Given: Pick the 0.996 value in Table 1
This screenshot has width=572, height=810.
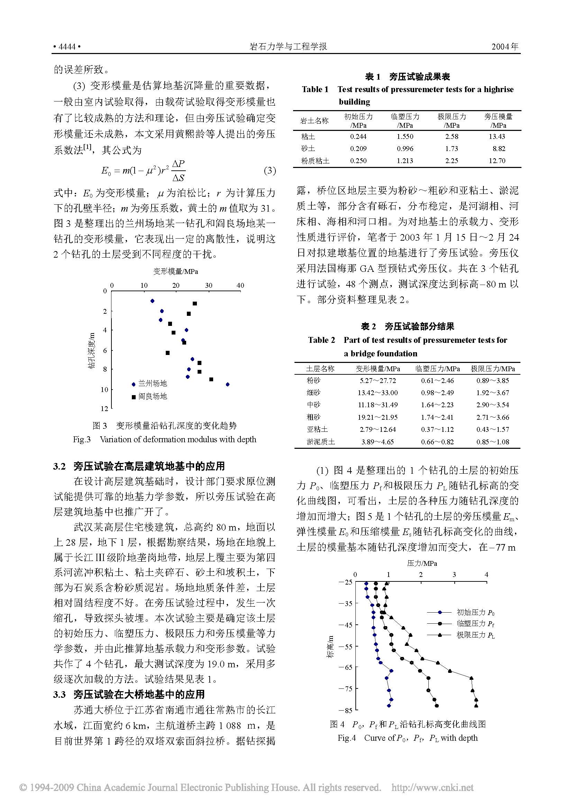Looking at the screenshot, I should click(x=405, y=149).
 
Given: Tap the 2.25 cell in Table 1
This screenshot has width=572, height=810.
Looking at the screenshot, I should click(x=452, y=161).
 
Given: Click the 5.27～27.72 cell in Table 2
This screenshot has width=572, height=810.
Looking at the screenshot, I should click(x=378, y=381).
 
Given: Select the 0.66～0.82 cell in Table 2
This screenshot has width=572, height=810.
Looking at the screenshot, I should click(x=437, y=442).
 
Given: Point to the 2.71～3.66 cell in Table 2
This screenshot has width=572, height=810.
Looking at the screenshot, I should click(x=493, y=417).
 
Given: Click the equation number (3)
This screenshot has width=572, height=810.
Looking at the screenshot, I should click(x=270, y=171).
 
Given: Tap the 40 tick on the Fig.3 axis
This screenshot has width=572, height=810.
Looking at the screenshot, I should click(x=240, y=285).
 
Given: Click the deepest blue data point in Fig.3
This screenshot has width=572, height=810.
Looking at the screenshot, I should click(x=228, y=384).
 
